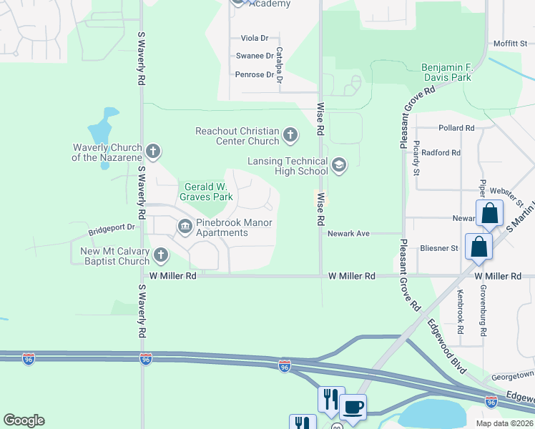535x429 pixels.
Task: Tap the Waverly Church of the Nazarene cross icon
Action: (x=152, y=152)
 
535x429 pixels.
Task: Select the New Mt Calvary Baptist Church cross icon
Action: (x=162, y=255)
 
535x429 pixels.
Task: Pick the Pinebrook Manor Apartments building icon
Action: (x=185, y=227)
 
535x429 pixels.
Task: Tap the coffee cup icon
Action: (x=353, y=408)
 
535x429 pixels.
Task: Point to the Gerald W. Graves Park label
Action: (x=207, y=191)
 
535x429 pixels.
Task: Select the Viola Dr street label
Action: (x=254, y=38)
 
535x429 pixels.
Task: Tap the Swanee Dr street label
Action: (x=254, y=56)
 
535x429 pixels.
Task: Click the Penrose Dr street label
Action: (x=254, y=74)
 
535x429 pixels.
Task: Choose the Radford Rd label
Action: (x=441, y=152)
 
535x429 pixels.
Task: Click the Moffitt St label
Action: (x=509, y=44)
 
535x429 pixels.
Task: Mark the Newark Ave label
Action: (x=348, y=234)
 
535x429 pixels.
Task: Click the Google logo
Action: (x=24, y=420)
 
